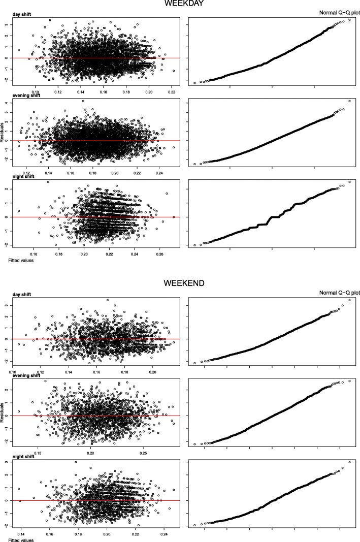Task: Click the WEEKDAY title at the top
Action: click(180, 4)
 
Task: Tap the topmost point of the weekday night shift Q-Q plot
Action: click(349, 182)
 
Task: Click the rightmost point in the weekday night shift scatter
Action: click(174, 216)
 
